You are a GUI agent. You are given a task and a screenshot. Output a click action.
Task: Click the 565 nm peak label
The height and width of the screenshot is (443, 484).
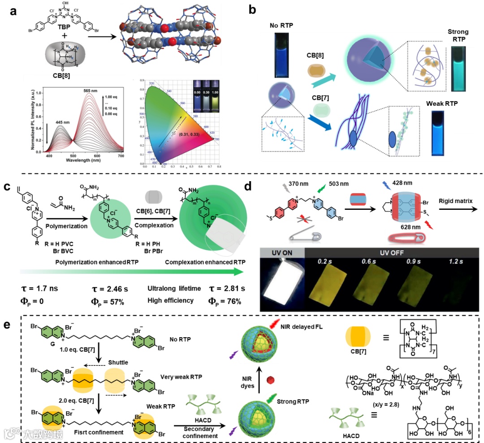(83, 90)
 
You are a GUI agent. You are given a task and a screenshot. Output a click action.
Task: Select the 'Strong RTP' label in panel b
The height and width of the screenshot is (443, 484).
(458, 35)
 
